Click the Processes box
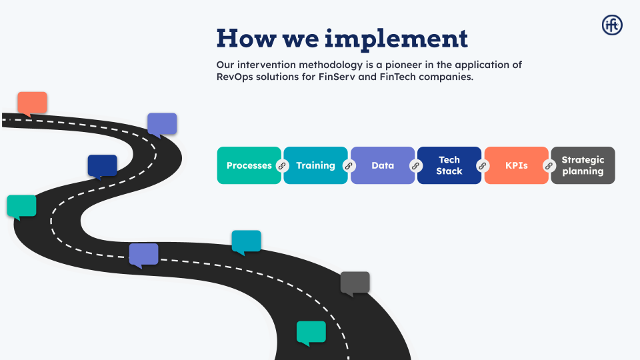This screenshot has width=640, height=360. click(x=249, y=165)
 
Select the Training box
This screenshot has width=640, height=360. click(x=315, y=165)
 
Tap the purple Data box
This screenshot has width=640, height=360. click(x=383, y=165)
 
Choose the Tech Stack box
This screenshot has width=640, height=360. click(x=449, y=165)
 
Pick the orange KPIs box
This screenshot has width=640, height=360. click(x=516, y=165)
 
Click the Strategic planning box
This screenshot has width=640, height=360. click(x=583, y=165)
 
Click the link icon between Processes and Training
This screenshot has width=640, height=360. click(x=281, y=165)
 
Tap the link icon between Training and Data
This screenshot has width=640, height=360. click(x=348, y=165)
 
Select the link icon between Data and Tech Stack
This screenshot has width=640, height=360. click(x=415, y=165)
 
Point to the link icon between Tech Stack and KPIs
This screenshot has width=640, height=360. click(x=483, y=165)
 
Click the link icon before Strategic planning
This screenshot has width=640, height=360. click(x=549, y=165)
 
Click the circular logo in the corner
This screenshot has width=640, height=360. click(x=612, y=25)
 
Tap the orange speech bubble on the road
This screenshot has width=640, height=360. click(x=32, y=103)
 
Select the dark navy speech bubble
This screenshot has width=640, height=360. click(x=102, y=166)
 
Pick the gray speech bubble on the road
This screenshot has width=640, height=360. click(x=355, y=283)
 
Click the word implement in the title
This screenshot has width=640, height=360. click(x=396, y=38)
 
